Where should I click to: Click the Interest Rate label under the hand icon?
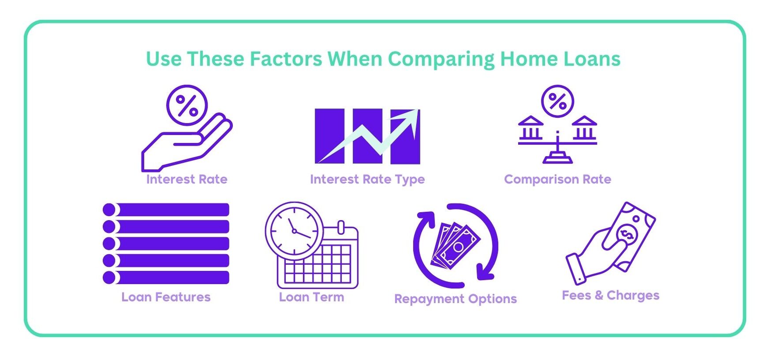(x=187, y=179)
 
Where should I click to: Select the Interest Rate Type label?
(x=367, y=180)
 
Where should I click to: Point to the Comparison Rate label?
(x=558, y=179)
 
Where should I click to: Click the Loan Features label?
(x=166, y=297)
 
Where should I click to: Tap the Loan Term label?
(x=311, y=297)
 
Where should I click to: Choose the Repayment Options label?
(x=456, y=299)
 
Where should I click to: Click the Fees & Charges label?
(x=611, y=295)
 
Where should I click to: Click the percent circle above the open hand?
(x=187, y=105)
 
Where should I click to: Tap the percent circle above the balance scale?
(x=558, y=101)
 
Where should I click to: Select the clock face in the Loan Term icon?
(x=294, y=231)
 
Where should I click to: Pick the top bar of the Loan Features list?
(x=166, y=210)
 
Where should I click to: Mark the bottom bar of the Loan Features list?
(x=166, y=277)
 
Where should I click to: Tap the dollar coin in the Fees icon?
(x=627, y=233)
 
